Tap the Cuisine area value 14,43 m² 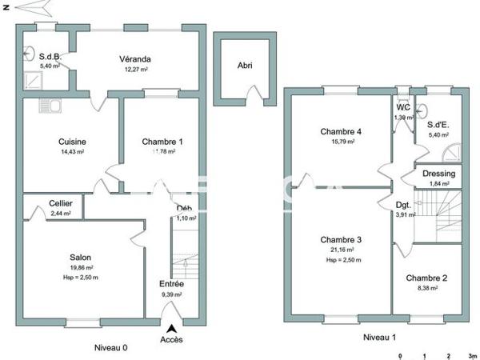pyautogui.click(x=73, y=152)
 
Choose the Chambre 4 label pyautogui.click(x=342, y=132)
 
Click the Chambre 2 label pyautogui.click(x=426, y=278)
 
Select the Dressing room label pyautogui.click(x=438, y=174)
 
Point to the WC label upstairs pyautogui.click(x=402, y=107)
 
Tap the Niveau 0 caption pyautogui.click(x=110, y=347)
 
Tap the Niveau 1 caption pyautogui.click(x=379, y=338)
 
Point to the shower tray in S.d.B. pyautogui.click(x=34, y=78)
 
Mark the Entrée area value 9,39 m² pyautogui.click(x=171, y=294)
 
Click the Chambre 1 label pyautogui.click(x=162, y=142)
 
